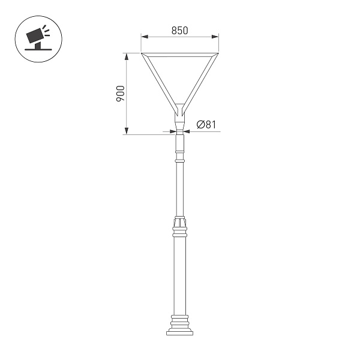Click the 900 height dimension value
tap(121, 94)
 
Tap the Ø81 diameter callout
tap(206, 125)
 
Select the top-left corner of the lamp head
tap(143, 55)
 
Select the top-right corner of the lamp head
tap(217, 55)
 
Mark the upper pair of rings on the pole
tap(180, 158)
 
